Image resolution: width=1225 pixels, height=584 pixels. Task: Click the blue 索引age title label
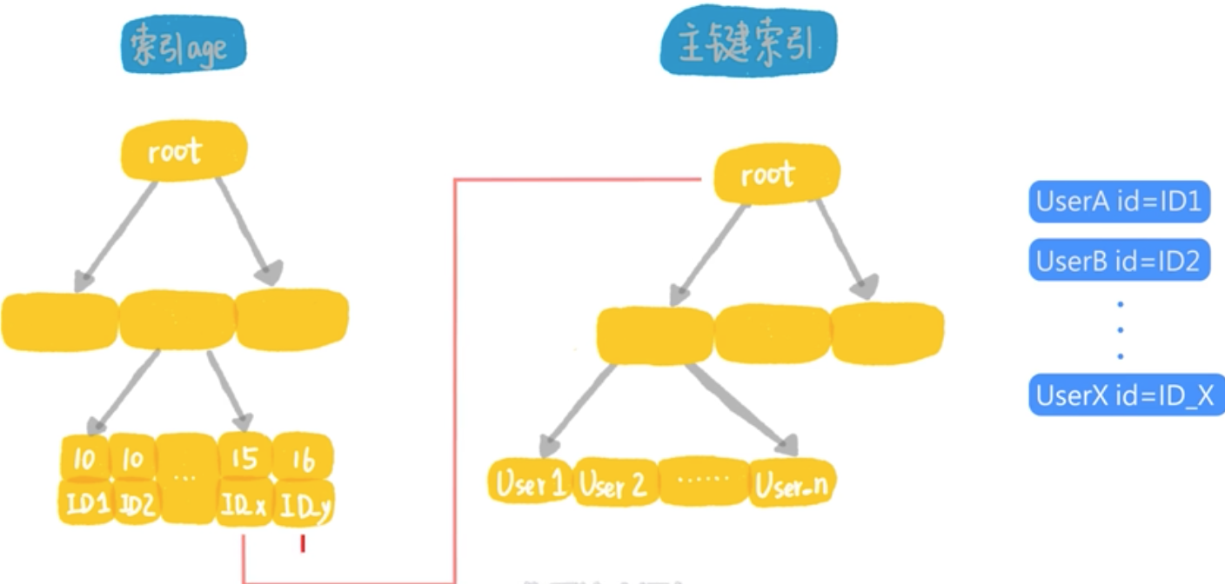click(184, 44)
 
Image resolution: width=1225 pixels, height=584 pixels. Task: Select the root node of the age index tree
click(183, 152)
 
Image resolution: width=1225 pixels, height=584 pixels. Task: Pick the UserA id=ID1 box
click(1119, 202)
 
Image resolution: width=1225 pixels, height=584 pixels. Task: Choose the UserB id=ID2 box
click(1119, 260)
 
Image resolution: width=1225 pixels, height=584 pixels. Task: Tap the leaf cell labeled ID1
click(85, 503)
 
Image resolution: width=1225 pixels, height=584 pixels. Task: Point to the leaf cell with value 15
click(244, 458)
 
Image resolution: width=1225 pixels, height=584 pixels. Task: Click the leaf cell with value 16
click(303, 459)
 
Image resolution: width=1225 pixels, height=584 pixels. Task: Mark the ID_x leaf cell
click(244, 504)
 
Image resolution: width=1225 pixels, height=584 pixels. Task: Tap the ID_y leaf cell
click(303, 506)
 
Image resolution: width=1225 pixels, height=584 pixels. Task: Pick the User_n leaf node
click(790, 485)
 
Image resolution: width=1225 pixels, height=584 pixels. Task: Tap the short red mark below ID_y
click(303, 544)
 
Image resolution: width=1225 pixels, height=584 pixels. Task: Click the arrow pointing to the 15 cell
click(229, 391)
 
